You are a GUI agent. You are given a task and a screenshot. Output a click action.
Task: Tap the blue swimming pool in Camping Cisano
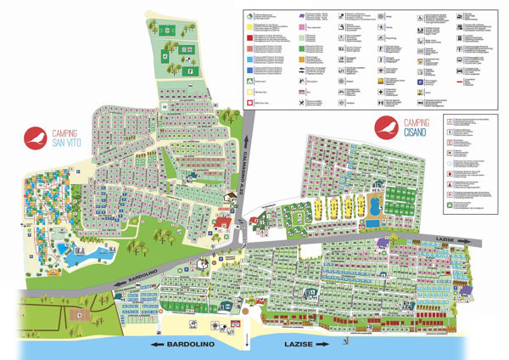click(372, 208)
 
